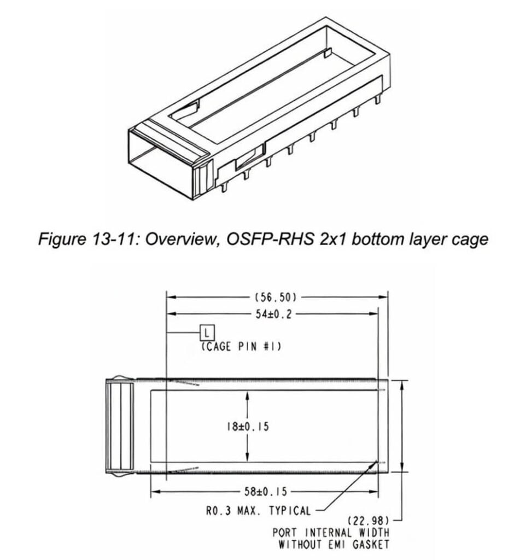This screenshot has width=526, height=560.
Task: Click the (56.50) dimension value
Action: click(x=276, y=297)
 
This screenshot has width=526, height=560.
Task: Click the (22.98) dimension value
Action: click(x=369, y=520)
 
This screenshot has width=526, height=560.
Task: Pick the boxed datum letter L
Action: click(x=207, y=332)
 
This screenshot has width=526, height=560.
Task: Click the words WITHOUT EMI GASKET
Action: click(x=334, y=544)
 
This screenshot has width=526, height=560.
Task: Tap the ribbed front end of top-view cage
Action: click(x=120, y=427)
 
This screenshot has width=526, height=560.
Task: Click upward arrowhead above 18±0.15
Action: click(x=248, y=395)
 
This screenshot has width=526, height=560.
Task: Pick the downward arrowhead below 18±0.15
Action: click(x=248, y=459)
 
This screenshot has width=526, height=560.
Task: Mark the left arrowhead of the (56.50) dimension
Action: click(x=170, y=297)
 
